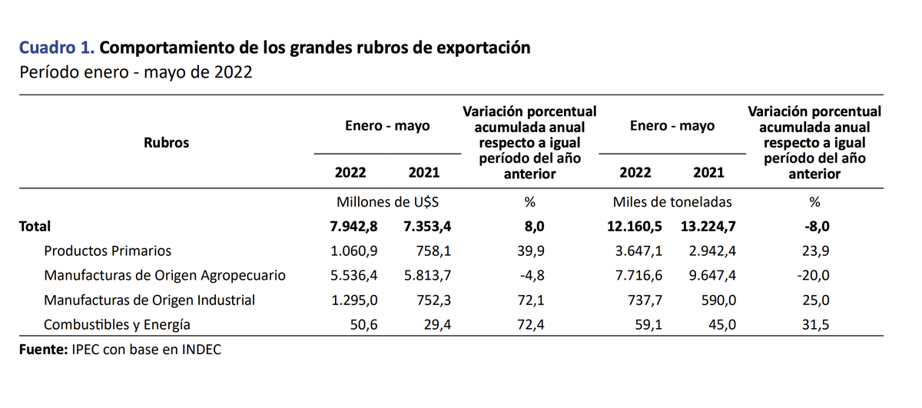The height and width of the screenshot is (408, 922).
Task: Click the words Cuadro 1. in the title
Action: pyautogui.click(x=57, y=48)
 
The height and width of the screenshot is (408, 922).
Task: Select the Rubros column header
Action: pyautogui.click(x=166, y=142)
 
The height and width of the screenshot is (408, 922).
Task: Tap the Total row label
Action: pyautogui.click(x=35, y=226)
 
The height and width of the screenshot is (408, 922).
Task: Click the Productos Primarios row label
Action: pyautogui.click(x=108, y=250)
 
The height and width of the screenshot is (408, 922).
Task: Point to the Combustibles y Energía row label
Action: pyautogui.click(x=117, y=324)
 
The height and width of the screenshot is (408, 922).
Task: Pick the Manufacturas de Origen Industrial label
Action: pyautogui.click(x=149, y=300)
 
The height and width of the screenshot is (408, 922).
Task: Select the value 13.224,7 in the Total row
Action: pyautogui.click(x=708, y=226)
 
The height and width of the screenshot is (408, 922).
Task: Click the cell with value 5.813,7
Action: pyautogui.click(x=423, y=275)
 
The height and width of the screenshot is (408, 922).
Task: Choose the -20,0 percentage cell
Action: pyautogui.click(x=814, y=275)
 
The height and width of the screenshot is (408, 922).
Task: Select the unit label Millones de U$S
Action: pyautogui.click(x=387, y=202)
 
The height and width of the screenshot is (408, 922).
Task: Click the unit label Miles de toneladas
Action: pyautogui.click(x=672, y=202)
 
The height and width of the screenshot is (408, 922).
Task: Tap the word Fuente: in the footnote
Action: pyautogui.click(x=43, y=350)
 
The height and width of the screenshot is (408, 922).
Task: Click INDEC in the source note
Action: pyautogui.click(x=202, y=350)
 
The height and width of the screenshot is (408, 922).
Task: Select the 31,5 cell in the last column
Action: pyautogui.click(x=814, y=324)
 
